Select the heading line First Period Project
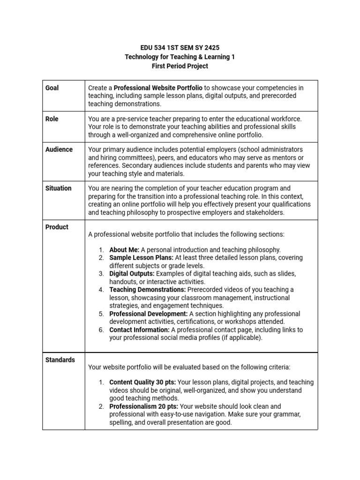click(180, 66)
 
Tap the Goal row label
click(52, 88)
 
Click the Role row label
click(52, 119)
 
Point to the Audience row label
click(59, 150)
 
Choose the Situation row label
click(59, 188)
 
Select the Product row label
click(57, 227)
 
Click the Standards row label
click(60, 360)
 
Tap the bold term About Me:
click(124, 249)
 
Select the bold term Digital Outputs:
click(132, 273)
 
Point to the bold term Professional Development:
click(149, 314)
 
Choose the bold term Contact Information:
click(139, 330)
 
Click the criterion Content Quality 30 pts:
click(142, 382)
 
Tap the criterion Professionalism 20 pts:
click(143, 406)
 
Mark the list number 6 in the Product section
click(101, 330)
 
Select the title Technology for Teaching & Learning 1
click(180, 57)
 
